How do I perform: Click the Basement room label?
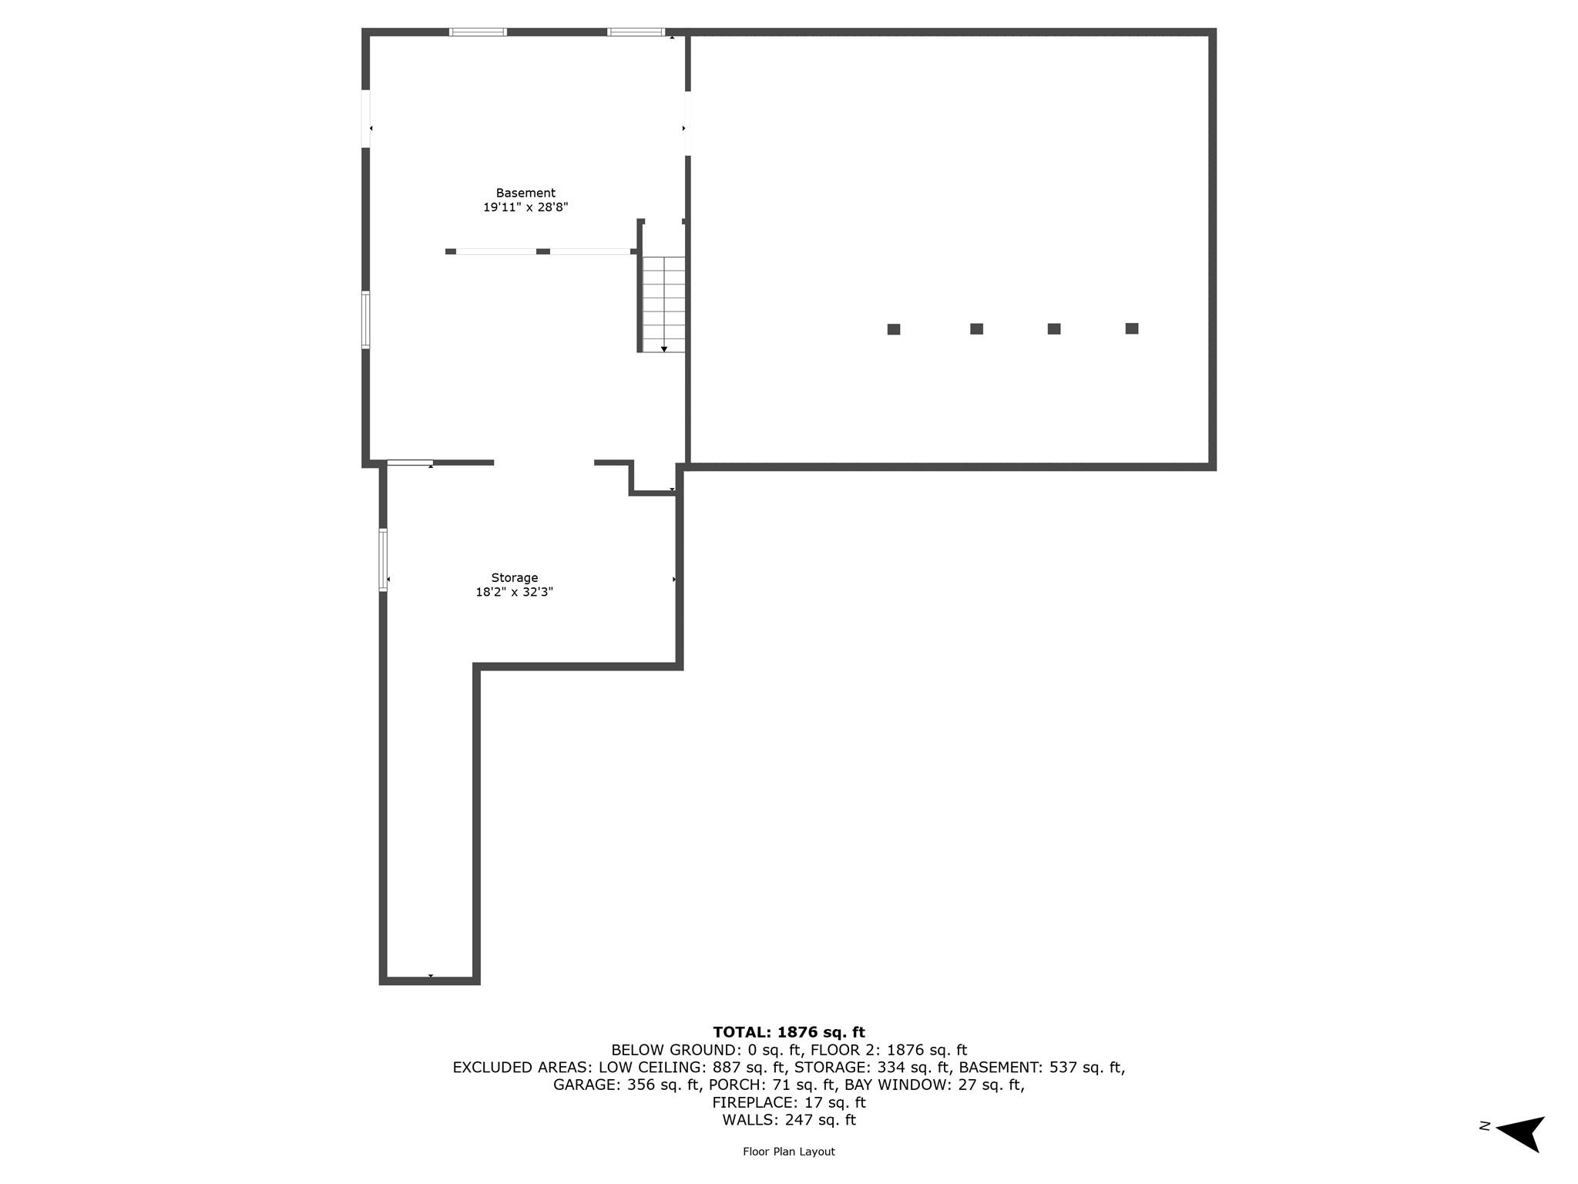click(x=525, y=193)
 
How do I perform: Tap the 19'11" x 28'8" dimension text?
click(x=525, y=207)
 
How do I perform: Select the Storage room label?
click(x=515, y=578)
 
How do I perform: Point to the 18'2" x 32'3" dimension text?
click(x=515, y=592)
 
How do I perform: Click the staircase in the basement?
click(x=663, y=304)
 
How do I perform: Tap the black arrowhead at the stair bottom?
click(x=664, y=349)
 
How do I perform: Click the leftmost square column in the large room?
click(x=894, y=329)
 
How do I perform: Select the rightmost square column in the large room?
click(x=1132, y=328)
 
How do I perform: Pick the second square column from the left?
click(x=976, y=329)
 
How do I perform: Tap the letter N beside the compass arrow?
click(x=1485, y=1126)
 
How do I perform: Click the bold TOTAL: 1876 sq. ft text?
click(x=789, y=1032)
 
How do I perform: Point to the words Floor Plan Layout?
click(x=789, y=1152)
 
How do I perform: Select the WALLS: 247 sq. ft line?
click(x=789, y=1120)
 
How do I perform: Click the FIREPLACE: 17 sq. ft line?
click(x=789, y=1102)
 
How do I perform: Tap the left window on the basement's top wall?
click(x=478, y=32)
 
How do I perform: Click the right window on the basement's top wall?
click(x=636, y=32)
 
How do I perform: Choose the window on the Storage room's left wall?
click(x=383, y=560)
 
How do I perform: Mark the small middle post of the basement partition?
click(x=543, y=251)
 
